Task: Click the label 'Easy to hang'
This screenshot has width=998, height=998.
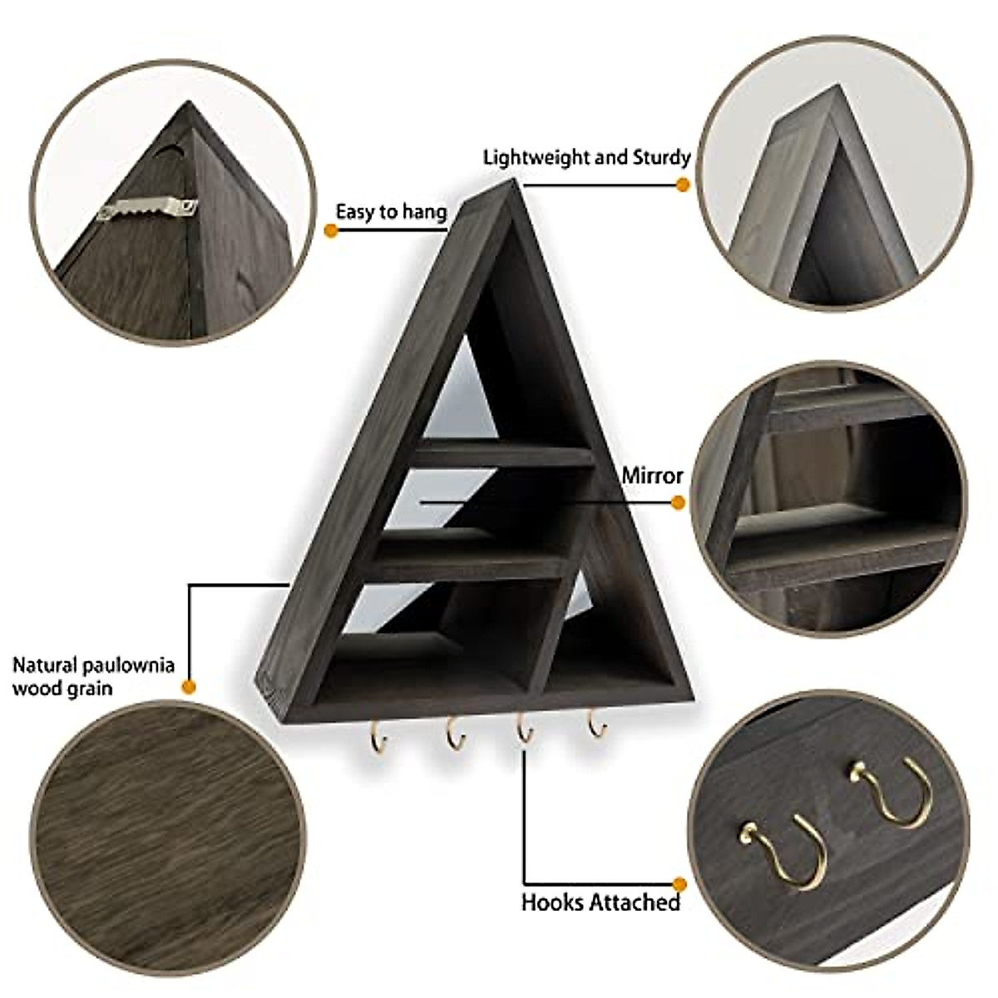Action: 391,212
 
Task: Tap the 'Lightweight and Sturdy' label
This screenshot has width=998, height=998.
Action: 586,157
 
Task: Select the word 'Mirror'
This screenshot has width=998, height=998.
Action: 652,476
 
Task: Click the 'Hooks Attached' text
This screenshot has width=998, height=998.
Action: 600,902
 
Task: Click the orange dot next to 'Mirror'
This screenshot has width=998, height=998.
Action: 678,502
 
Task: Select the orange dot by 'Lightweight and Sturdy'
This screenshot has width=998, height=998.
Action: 684,185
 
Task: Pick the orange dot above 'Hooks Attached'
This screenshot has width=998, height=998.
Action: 679,883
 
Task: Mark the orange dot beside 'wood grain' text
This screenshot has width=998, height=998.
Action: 189,687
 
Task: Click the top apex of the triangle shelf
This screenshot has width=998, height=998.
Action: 516,182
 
